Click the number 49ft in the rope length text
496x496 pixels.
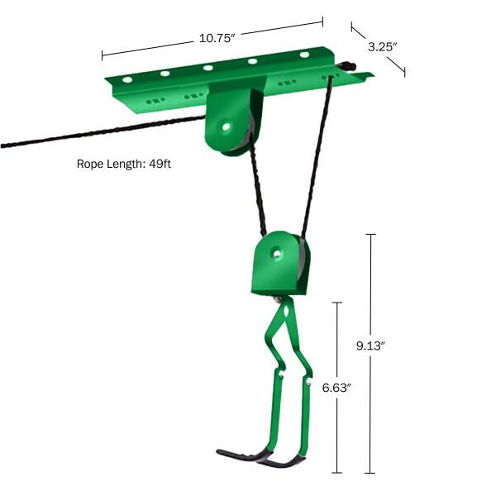(158, 164)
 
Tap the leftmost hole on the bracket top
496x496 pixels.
(127, 81)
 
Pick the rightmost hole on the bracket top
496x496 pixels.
(304, 55)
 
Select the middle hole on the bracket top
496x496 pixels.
(207, 69)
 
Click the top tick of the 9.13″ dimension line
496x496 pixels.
(370, 236)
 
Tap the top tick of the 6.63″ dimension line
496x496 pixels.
(336, 303)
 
